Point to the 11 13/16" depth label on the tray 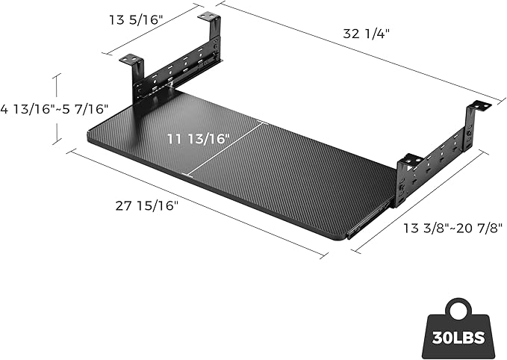click(x=197, y=137)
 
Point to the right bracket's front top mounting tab click(x=410, y=158)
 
